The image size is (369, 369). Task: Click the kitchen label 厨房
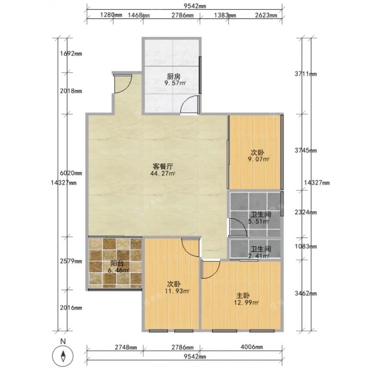[x=174, y=77]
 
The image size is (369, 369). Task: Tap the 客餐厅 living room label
[x=163, y=167]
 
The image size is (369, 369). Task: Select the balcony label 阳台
[x=117, y=263]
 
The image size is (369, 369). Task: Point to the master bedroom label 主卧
[x=243, y=296]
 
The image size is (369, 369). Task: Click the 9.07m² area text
[x=258, y=159]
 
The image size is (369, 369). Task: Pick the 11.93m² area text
[x=177, y=291]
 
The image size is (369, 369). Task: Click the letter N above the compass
[x=63, y=341]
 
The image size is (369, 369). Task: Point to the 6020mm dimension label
[x=71, y=173]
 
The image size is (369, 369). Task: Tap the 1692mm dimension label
[x=71, y=54]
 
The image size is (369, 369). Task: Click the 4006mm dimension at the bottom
[x=252, y=346]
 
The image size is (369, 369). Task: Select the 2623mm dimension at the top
[x=266, y=15]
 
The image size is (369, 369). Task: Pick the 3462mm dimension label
[x=306, y=293]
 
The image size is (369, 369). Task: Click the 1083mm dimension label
[x=306, y=246]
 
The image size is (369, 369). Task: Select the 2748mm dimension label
[x=126, y=347]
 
